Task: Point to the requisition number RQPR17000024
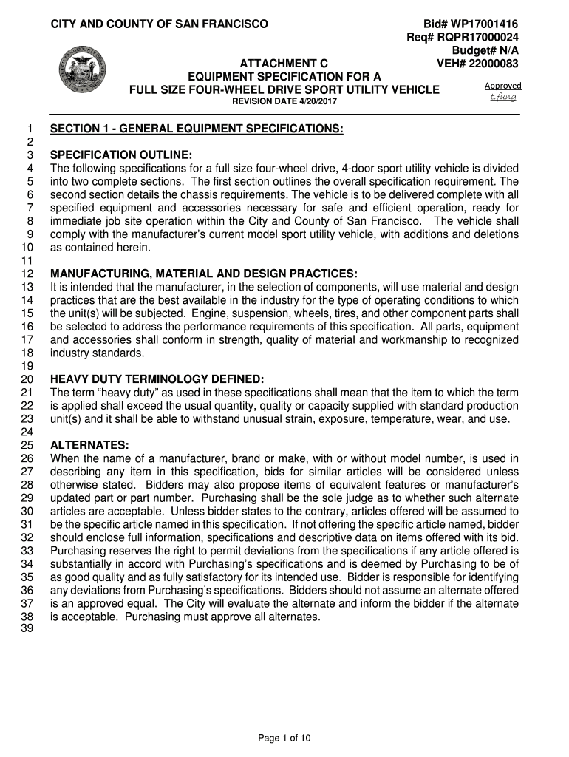click(480, 38)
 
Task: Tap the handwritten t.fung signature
click(503, 97)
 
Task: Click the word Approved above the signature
click(502, 86)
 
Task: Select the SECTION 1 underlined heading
click(197, 129)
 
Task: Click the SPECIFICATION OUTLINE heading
click(121, 155)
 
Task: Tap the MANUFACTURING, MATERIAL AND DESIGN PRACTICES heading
click(203, 274)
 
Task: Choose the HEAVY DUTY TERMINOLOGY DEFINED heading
click(157, 379)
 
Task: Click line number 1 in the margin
click(32, 129)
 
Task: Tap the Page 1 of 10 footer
click(284, 737)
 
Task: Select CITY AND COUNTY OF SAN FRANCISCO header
click(159, 24)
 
